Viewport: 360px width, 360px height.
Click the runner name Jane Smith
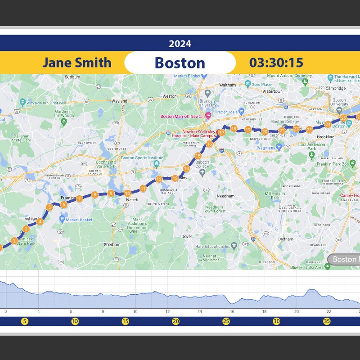click(x=76, y=63)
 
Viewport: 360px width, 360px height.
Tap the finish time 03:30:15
click(x=276, y=63)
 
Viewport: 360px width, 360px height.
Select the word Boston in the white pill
click(x=180, y=63)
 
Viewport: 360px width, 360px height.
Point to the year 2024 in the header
click(x=180, y=44)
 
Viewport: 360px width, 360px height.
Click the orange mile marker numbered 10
click(x=127, y=193)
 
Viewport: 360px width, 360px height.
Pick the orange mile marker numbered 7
click(x=79, y=198)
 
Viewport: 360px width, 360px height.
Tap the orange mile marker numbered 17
click(x=221, y=133)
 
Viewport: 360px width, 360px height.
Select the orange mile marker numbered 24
click(x=328, y=124)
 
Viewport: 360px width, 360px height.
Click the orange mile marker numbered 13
click(x=175, y=179)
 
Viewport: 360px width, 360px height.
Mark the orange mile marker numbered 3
click(x=26, y=229)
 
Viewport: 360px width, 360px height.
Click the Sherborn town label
click(x=112, y=244)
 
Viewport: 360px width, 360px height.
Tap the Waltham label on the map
click(x=227, y=85)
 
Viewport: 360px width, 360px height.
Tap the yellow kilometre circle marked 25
click(x=226, y=321)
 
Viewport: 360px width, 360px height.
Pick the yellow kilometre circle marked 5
click(x=25, y=321)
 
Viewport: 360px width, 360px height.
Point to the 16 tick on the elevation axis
click(x=232, y=311)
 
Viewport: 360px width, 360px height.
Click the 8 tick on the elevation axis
click(x=103, y=311)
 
